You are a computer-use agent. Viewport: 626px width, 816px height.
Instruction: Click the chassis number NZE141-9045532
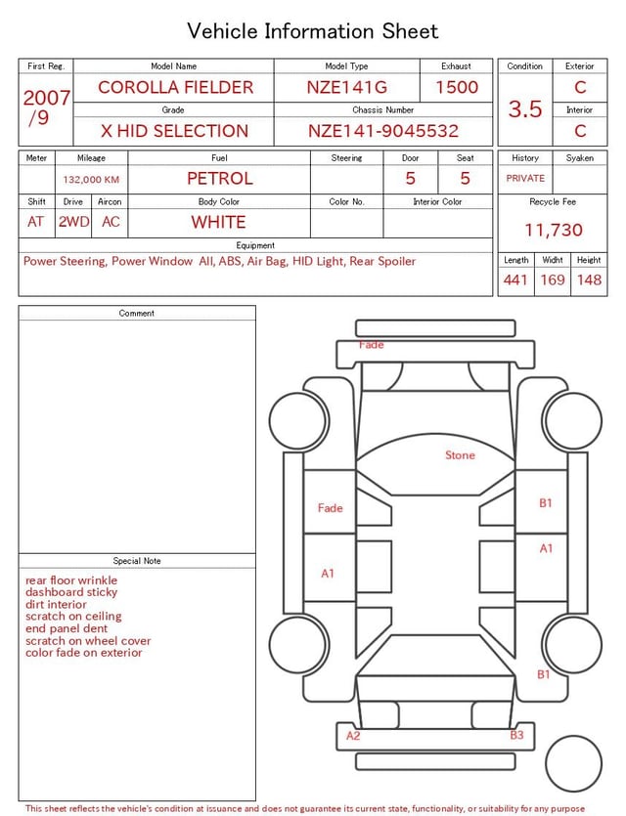coord(383,131)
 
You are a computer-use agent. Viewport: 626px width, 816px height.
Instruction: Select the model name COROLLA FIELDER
coord(175,87)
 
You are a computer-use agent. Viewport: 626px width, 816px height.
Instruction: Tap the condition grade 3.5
coord(525,108)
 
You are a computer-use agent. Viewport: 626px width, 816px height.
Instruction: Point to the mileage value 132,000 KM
coord(91,180)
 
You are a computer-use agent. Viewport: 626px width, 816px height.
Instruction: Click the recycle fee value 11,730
coord(553,230)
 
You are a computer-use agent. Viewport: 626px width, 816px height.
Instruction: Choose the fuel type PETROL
coord(220,179)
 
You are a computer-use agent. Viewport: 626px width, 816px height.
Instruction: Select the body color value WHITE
coord(218,222)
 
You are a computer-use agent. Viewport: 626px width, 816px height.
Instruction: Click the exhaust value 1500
coord(457,87)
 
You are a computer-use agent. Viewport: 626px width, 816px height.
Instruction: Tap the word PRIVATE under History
coord(525,178)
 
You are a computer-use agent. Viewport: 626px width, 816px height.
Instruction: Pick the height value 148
coord(589,279)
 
